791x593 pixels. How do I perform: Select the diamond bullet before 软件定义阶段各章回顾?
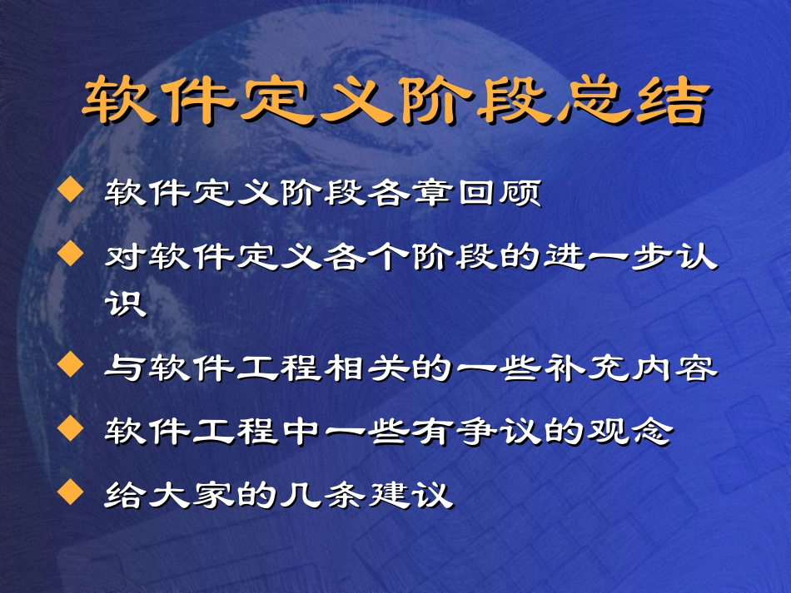(72, 194)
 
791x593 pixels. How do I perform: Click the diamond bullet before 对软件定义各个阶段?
(72, 250)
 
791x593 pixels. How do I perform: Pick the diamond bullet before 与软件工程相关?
(72, 363)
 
